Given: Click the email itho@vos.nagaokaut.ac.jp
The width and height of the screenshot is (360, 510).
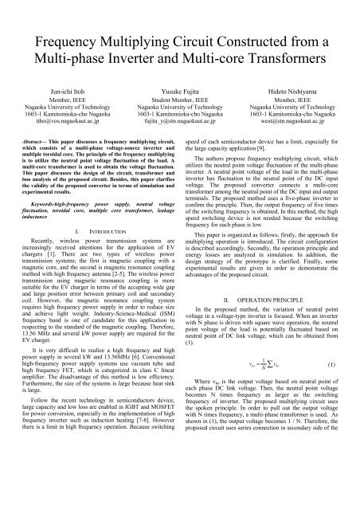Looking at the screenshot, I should pos(58,125).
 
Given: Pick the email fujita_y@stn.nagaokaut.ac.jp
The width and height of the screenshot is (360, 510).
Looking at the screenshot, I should pos(180,125).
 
